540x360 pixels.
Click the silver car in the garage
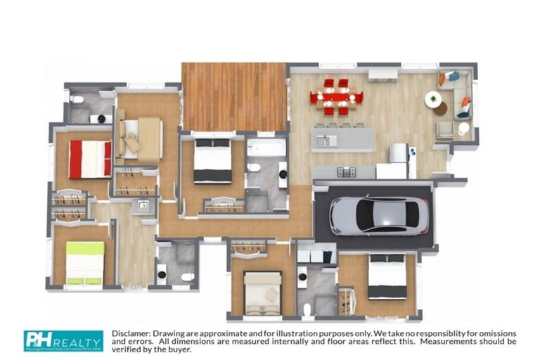coord(378,214)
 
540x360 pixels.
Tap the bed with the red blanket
coord(89,159)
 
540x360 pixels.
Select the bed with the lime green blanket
coord(84,262)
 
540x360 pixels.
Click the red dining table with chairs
coord(335,97)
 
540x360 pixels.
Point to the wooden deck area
coord(233,96)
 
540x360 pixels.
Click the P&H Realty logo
coord(63,340)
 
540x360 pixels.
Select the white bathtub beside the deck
coord(266,148)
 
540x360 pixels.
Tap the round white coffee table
coord(433,99)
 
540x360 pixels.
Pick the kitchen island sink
coord(326,140)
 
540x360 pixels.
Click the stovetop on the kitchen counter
coord(346,172)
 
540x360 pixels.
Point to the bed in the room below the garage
coord(387,277)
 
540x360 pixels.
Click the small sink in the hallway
coord(143,206)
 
